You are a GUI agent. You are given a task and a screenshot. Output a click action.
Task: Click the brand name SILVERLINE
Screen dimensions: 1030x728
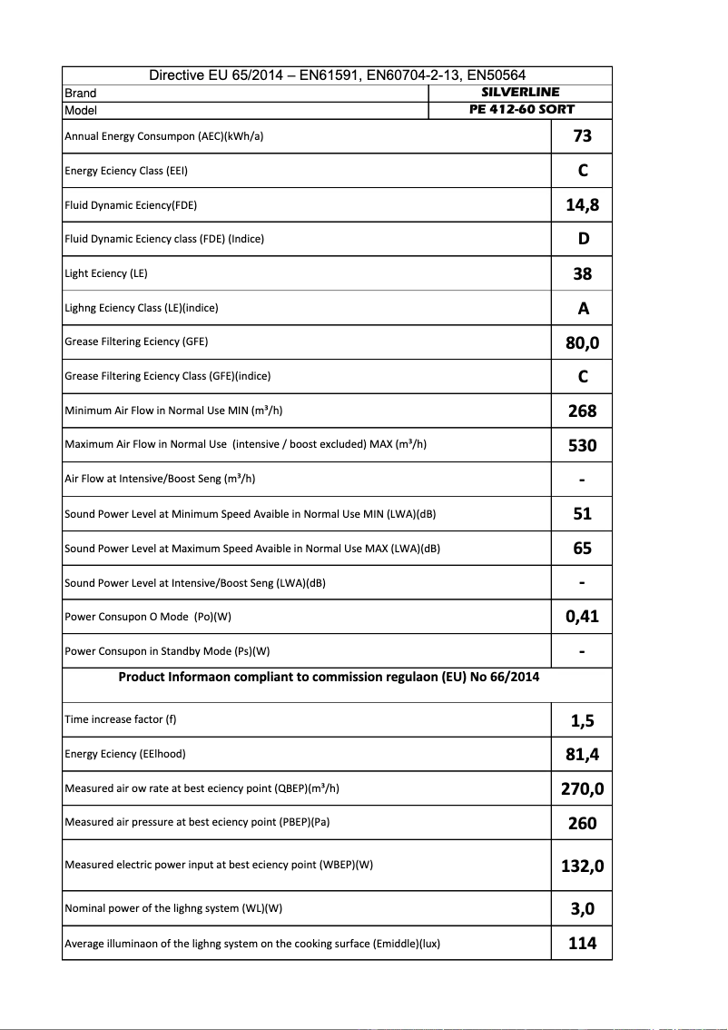pos(520,92)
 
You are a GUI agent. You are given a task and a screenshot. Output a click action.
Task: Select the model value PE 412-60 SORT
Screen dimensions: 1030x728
pos(520,110)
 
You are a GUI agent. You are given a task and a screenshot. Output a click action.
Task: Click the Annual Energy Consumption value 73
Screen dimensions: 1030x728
pos(583,135)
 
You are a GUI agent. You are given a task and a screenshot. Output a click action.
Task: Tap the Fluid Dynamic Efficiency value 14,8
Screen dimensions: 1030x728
pos(583,204)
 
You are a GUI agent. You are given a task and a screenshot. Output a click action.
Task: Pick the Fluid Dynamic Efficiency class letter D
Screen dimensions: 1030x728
pos(583,239)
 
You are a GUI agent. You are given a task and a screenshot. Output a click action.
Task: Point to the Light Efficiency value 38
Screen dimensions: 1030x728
pos(583,273)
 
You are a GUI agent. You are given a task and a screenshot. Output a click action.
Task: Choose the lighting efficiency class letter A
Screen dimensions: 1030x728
pos(583,308)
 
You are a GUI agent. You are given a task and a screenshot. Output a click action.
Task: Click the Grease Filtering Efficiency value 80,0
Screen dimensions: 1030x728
pos(583,342)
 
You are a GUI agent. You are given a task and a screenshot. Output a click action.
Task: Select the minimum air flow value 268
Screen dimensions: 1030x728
pos(583,411)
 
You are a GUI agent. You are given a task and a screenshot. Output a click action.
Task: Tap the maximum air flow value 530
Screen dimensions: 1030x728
pos(583,445)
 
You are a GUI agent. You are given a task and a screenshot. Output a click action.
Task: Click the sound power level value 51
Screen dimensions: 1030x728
pos(583,513)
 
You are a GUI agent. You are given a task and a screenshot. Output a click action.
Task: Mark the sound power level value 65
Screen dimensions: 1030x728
pos(583,548)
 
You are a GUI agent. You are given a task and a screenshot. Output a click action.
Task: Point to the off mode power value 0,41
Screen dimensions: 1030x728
pos(583,617)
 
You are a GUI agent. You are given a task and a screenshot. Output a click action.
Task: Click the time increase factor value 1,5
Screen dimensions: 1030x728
pos(583,720)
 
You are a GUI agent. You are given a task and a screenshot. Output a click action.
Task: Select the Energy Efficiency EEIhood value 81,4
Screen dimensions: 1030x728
pos(583,754)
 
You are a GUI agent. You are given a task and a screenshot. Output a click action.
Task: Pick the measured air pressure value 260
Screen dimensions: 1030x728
pos(583,823)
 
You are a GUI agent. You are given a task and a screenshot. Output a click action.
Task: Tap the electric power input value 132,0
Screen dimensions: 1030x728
pos(583,865)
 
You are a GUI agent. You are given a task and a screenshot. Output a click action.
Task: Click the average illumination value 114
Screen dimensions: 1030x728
pos(583,943)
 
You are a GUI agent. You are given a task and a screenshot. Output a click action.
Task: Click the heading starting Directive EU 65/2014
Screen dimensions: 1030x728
pos(337,75)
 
